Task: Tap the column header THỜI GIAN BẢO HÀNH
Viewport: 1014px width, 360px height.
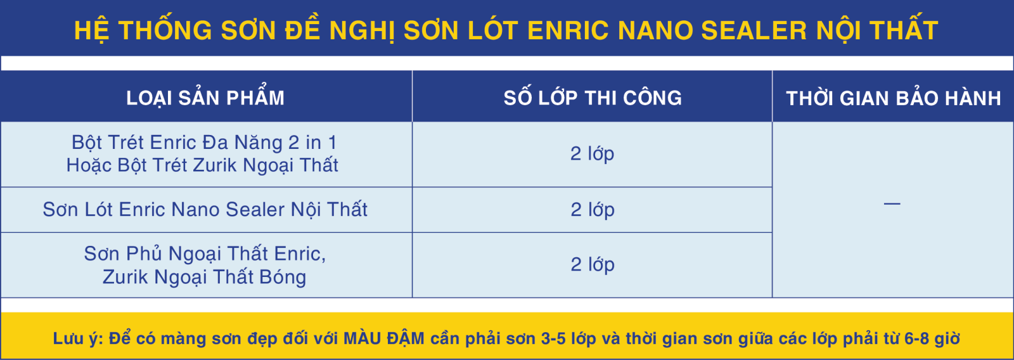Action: [893, 98]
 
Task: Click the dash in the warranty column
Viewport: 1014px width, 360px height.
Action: [892, 204]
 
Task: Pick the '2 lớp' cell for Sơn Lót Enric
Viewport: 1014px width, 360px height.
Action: [592, 210]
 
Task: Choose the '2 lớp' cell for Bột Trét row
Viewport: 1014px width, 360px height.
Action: [592, 153]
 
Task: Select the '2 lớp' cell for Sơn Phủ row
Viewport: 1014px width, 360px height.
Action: [592, 264]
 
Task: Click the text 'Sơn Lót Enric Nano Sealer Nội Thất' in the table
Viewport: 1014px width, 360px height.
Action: [205, 209]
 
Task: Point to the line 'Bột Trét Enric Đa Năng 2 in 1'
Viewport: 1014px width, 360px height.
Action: [204, 143]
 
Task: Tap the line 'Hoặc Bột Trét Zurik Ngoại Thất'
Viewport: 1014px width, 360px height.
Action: [202, 165]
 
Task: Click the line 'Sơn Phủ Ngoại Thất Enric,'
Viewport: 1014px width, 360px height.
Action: [205, 254]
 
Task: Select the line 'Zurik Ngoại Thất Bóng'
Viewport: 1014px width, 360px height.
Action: [204, 277]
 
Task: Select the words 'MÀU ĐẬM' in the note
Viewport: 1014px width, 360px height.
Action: [384, 338]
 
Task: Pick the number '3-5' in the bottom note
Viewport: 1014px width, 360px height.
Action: [554, 338]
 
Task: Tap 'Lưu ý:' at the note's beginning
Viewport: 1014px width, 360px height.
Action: [79, 338]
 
